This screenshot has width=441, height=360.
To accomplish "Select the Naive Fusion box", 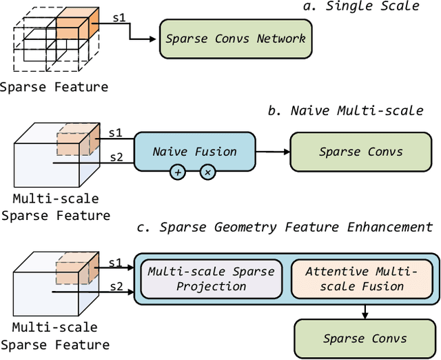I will click(x=194, y=151).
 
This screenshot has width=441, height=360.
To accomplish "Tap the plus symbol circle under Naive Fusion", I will click(x=178, y=173).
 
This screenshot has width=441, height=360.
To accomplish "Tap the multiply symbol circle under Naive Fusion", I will click(x=207, y=173).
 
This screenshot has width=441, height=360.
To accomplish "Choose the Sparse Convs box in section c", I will click(x=365, y=338).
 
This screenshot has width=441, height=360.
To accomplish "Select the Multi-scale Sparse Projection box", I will click(x=212, y=279).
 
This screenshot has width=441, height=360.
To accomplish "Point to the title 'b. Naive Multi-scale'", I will click(x=356, y=110).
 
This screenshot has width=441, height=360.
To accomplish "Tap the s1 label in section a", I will click(x=119, y=19).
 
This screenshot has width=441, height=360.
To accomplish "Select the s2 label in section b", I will click(x=118, y=157).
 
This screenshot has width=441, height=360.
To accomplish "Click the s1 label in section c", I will click(x=118, y=262).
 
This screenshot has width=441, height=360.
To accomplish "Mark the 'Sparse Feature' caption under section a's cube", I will click(x=54, y=87).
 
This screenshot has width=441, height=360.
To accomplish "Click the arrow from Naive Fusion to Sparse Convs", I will click(x=272, y=151).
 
